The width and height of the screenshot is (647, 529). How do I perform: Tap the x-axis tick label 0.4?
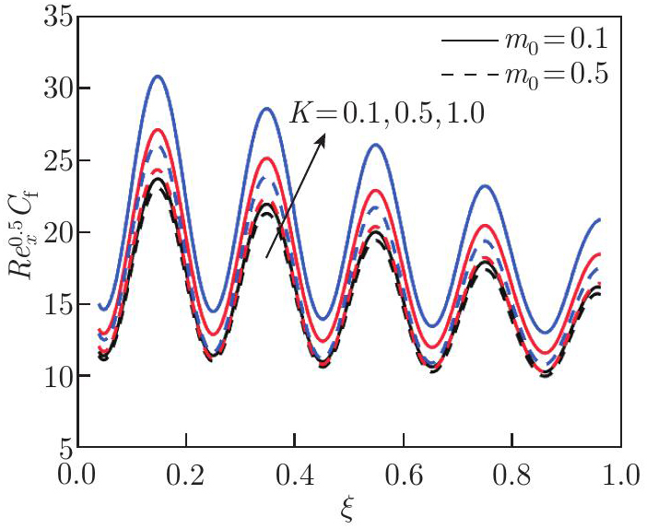(294, 477)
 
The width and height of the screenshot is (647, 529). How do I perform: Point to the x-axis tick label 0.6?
(403, 477)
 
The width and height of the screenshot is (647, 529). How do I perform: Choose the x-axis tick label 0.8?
(512, 477)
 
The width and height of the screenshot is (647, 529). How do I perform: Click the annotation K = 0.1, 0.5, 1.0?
(386, 113)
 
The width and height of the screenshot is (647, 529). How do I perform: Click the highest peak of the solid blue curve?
(159, 76)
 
